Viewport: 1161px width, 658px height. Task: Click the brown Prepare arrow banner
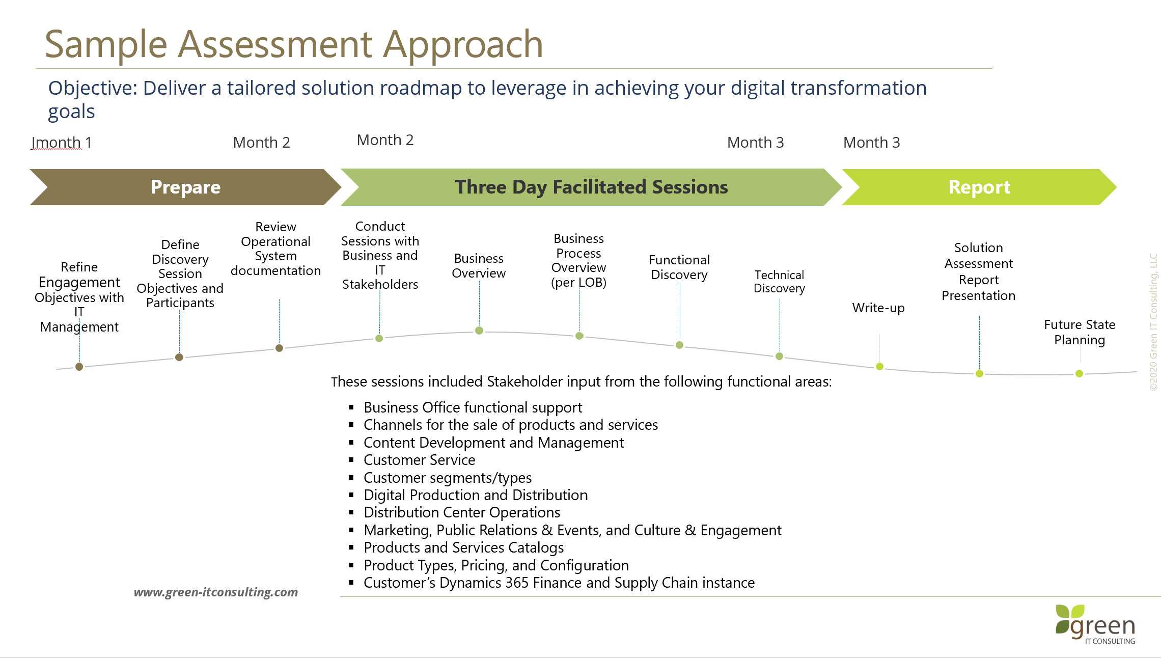pos(185,187)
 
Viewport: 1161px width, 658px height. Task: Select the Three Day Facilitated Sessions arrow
pos(591,187)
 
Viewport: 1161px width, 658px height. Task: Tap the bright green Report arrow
pos(979,187)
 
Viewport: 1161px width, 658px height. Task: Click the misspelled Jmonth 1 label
pos(61,143)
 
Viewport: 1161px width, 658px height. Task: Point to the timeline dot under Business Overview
pos(479,331)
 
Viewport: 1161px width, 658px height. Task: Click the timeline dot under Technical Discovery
pos(779,356)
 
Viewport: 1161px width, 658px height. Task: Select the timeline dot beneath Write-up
pos(879,366)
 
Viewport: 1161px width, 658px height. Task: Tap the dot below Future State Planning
pos(1079,373)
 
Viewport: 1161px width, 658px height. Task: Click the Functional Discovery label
pos(679,267)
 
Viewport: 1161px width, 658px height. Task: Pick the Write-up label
pos(878,308)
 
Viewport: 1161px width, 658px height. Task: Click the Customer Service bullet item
pos(419,460)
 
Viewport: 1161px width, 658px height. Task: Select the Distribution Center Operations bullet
pos(462,512)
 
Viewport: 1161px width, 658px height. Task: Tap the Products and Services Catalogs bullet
pos(463,547)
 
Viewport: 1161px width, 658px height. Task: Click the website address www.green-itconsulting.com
pos(216,592)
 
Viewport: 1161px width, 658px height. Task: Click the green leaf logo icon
pos(1069,618)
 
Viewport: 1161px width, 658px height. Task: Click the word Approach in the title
pos(463,45)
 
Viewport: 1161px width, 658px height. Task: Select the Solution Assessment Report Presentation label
pos(978,271)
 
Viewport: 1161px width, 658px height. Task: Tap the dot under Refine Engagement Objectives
pos(79,367)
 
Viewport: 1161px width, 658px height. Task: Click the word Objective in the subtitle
pos(92,88)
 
